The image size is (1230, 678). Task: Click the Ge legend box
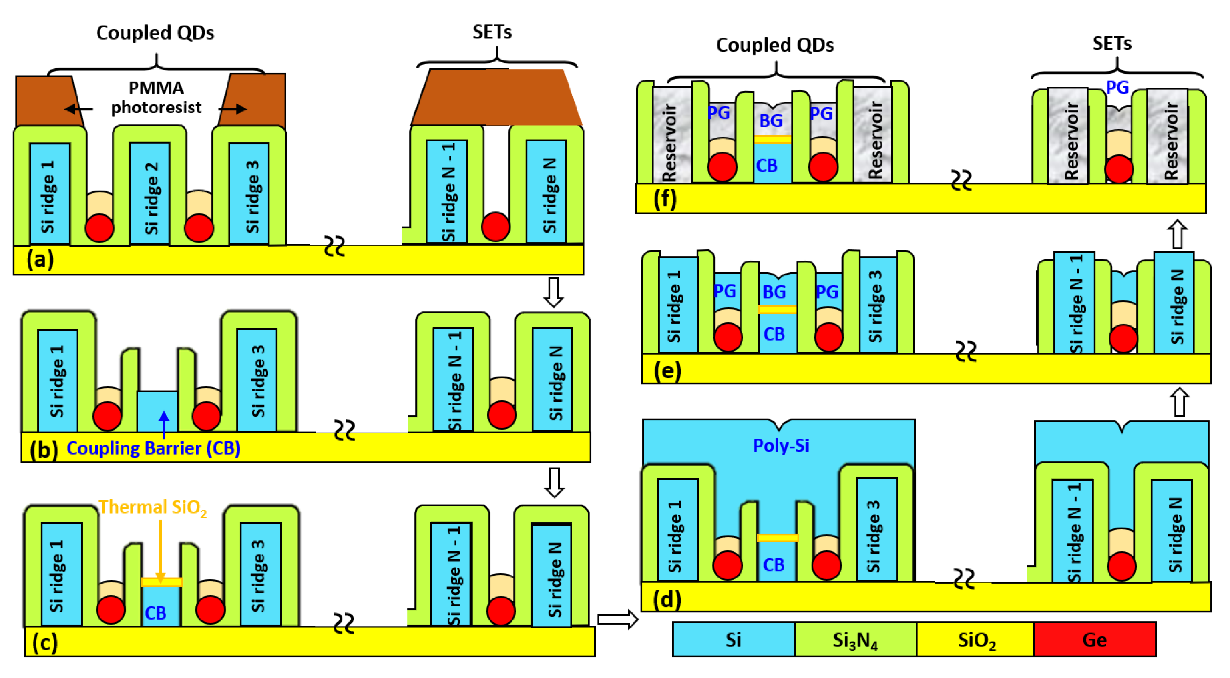tap(1094, 639)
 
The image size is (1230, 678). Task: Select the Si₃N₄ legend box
tap(855, 639)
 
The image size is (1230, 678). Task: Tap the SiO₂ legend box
tap(975, 639)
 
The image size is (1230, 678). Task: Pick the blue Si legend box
tap(733, 639)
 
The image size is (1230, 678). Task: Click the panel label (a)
tap(40, 259)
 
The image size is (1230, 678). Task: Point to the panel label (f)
tap(665, 199)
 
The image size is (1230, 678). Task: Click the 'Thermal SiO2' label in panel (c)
tap(153, 507)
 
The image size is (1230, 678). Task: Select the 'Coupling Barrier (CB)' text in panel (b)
tap(153, 448)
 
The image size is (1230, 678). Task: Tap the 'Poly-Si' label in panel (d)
tap(781, 445)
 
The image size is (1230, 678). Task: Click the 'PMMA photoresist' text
tap(156, 97)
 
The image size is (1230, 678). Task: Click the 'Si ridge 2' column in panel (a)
tap(150, 193)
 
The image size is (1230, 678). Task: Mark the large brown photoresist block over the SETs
tap(496, 98)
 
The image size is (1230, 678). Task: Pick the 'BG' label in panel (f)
tap(771, 121)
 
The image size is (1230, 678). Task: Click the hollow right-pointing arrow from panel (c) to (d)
tap(617, 619)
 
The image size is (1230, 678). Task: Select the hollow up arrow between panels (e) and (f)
tap(1177, 234)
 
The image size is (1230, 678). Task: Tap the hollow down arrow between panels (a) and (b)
tap(553, 292)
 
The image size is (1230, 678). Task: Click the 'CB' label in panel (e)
tap(774, 334)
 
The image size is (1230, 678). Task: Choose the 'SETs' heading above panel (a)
tap(492, 32)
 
